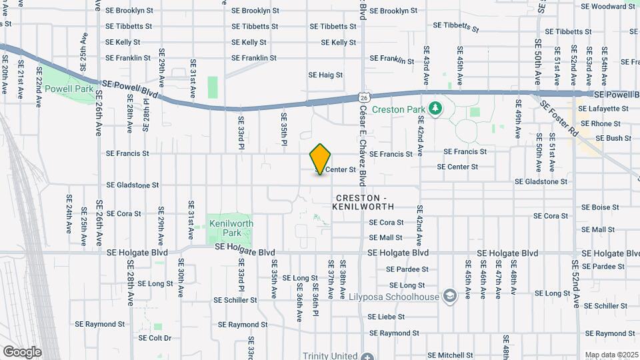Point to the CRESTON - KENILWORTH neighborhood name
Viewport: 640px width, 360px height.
tap(361, 203)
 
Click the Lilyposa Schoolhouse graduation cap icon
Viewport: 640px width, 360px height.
tap(450, 296)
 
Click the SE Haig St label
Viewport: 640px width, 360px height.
tap(325, 75)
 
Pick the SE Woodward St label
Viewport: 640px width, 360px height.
tap(607, 7)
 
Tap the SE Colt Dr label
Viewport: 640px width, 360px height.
tap(155, 338)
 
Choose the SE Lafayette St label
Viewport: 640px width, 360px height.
tap(605, 109)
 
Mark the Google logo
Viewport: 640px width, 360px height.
tap(22, 352)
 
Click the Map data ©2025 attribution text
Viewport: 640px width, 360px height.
tap(611, 355)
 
